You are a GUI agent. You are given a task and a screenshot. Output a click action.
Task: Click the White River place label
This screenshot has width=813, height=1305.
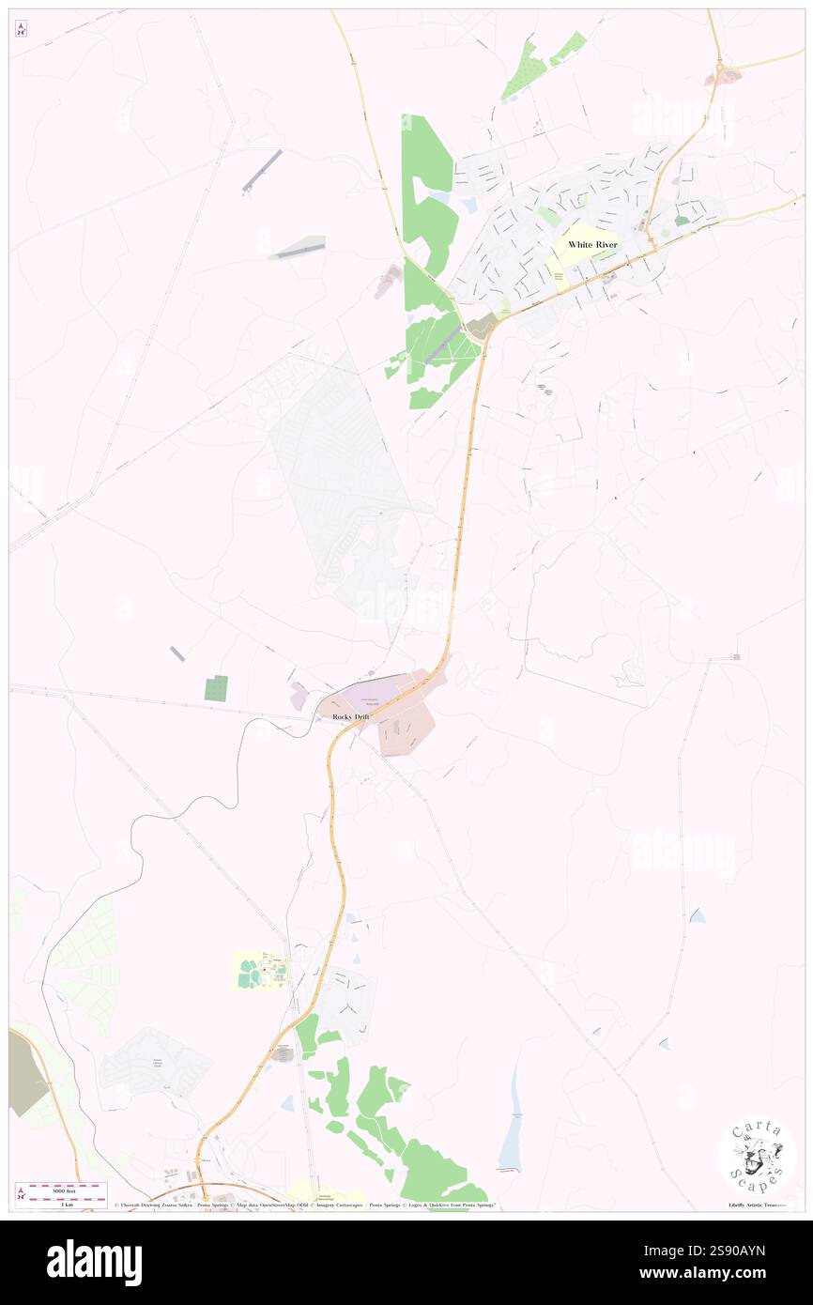(592, 244)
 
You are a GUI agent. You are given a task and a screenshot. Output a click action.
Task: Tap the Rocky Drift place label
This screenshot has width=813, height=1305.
(352, 717)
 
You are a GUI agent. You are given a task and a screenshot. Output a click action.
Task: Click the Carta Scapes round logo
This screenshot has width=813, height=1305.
(757, 1157)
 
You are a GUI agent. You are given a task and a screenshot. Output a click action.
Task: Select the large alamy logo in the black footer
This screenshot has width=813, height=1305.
(94, 1262)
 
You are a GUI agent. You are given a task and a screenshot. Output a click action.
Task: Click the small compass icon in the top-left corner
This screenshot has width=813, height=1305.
(21, 29)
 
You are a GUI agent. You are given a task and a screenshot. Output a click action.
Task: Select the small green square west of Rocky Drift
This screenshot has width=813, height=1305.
(216, 688)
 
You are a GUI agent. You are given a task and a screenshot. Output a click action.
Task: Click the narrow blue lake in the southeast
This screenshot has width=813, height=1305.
(513, 1122)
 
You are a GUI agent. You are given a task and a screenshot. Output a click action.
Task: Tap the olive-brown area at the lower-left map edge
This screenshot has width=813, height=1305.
(25, 1070)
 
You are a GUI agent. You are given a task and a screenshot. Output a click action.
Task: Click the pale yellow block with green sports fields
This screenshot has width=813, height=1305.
(260, 970)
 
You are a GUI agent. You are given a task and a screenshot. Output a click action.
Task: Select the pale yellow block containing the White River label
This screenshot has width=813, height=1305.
(588, 246)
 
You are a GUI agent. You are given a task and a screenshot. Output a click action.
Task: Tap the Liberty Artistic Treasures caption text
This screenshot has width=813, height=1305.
(757, 1205)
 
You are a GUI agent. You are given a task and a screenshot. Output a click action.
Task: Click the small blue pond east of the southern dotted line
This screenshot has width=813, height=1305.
(697, 914)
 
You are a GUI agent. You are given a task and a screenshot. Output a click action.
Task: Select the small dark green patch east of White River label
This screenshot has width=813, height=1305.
(682, 221)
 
